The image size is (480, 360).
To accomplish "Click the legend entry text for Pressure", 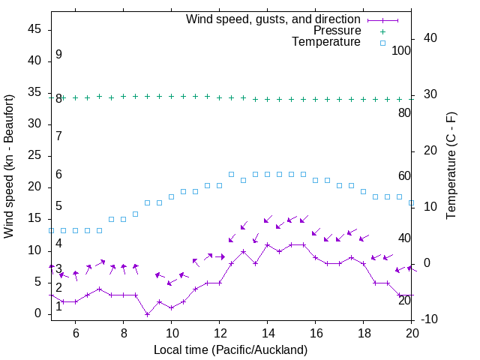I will (337, 31).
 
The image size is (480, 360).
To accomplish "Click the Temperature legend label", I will (326, 42).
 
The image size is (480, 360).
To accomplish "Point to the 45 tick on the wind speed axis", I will (35, 29).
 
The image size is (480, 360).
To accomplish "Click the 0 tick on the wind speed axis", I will (39, 313).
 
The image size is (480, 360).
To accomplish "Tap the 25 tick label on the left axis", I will (35, 155).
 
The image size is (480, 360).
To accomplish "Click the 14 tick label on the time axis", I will (268, 333).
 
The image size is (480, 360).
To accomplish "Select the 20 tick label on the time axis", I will (412, 333).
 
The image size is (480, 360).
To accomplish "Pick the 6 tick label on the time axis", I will (76, 333).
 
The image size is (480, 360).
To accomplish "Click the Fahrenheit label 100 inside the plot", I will (402, 50).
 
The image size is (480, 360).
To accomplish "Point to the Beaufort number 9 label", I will (58, 55).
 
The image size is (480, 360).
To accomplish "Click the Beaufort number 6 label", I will (58, 175).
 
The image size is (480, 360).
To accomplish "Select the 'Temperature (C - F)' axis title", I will (451, 166).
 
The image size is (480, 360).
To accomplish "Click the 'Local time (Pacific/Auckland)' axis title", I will (230, 349).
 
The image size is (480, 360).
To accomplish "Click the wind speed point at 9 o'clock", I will (148, 313).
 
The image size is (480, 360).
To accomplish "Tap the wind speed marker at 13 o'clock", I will (244, 250).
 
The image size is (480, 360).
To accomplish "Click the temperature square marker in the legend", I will (382, 43).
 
